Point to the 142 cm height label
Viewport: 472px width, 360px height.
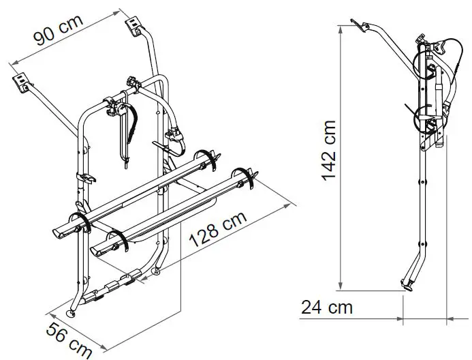tap(328, 151)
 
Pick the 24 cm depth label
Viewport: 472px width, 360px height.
tap(327, 307)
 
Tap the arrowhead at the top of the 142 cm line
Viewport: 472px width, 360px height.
tap(340, 28)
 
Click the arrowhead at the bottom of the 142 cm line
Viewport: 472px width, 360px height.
tap(340, 287)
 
